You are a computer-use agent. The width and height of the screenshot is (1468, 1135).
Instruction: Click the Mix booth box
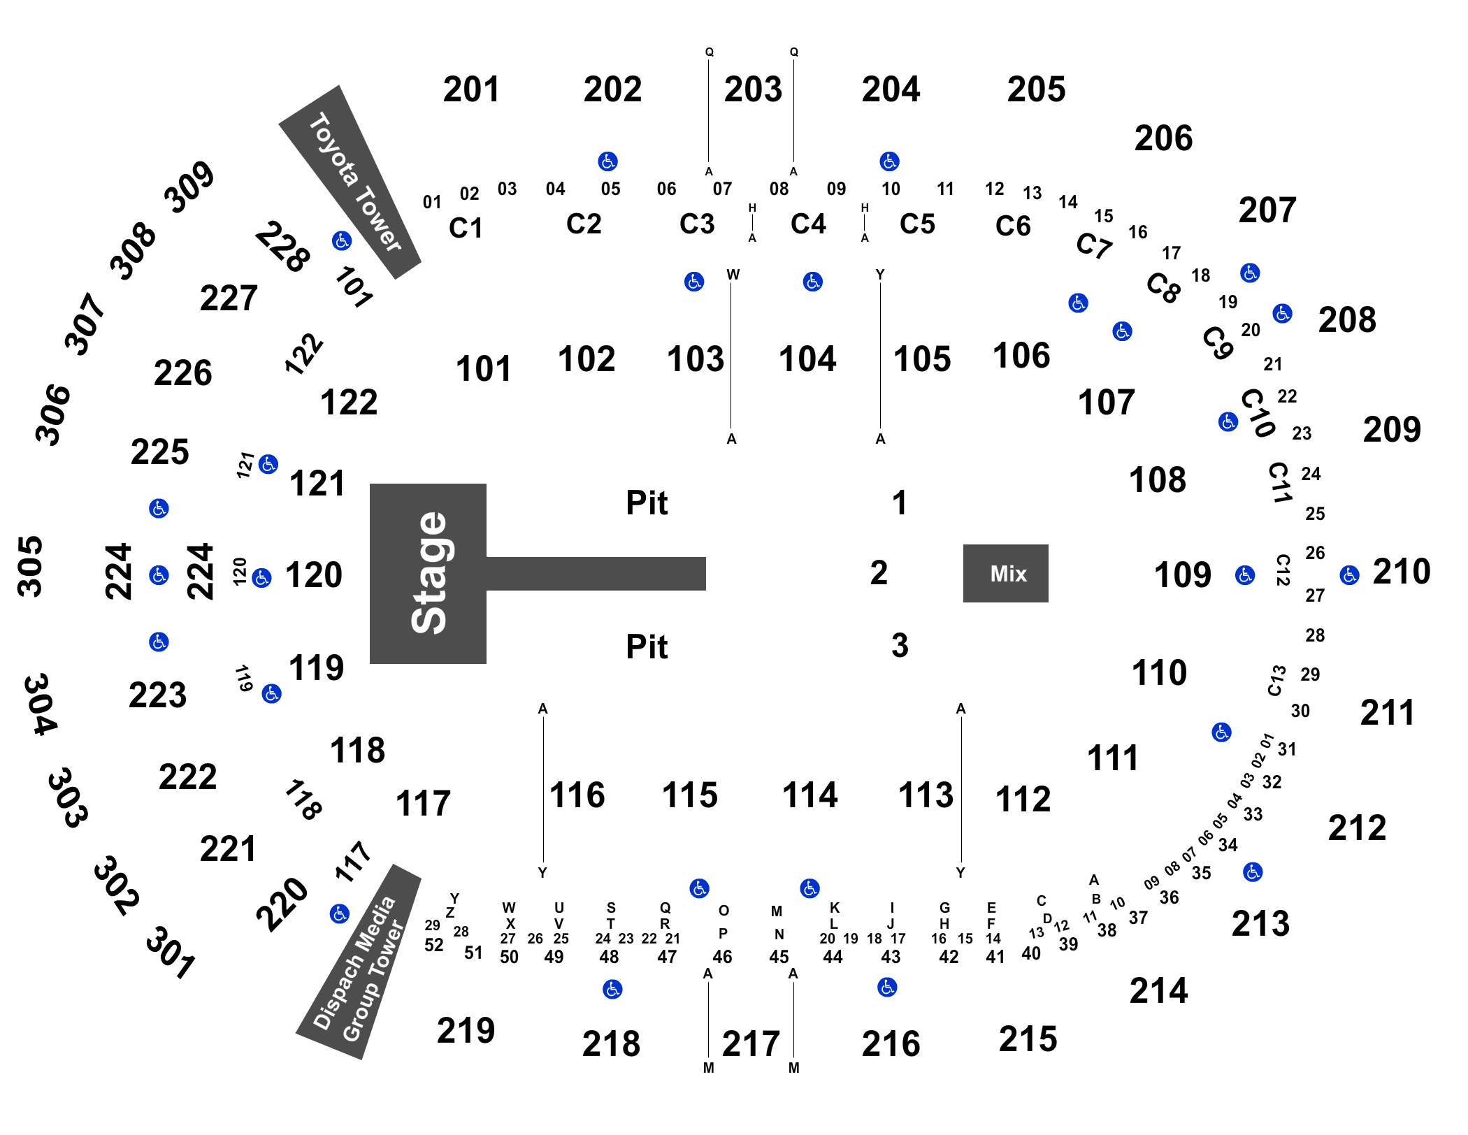pos(1005,573)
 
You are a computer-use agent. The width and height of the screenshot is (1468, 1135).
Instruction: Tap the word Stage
pos(429,573)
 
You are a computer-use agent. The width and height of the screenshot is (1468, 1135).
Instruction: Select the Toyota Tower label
pos(354,182)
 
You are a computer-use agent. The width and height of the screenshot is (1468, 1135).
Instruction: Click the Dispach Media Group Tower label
pos(359,969)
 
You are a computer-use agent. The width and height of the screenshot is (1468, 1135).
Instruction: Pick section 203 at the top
pos(753,89)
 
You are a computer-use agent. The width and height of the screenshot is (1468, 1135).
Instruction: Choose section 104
pos(807,359)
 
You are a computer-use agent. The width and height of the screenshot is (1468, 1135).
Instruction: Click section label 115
pos(690,795)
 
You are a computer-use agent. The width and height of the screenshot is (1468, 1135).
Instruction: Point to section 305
pos(30,567)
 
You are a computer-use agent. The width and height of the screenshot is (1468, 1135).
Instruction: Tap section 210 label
pos(1402,572)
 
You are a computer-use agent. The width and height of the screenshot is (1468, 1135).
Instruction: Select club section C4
pos(808,224)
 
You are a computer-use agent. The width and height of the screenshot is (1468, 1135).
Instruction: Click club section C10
pos(1258,413)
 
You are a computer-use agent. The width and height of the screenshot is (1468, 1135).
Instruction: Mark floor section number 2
pos(879,573)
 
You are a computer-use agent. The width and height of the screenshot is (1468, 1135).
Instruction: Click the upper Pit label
pos(647,503)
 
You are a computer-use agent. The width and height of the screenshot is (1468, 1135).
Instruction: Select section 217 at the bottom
pos(751,1044)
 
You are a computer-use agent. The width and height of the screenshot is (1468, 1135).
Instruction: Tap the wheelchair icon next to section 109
pos(1245,575)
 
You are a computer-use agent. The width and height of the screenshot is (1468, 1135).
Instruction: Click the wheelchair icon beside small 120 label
pos(261,578)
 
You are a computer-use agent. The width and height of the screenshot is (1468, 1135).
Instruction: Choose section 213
pos(1260,923)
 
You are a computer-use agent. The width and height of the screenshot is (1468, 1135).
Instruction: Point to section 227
pos(229,298)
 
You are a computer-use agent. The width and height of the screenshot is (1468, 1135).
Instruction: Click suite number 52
pos(433,945)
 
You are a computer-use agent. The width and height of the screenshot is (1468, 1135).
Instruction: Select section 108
pos(1158,480)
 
